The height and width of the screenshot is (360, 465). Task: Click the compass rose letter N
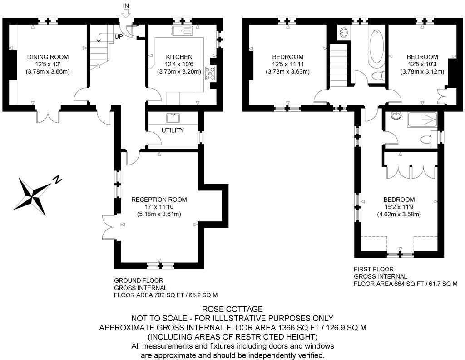57,180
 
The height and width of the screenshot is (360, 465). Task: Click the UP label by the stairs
119,36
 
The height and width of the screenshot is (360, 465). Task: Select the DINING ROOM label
48,57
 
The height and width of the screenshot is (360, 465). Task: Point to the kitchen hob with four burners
211,73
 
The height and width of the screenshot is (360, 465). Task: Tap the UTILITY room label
173,130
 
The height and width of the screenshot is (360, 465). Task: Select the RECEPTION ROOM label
159,200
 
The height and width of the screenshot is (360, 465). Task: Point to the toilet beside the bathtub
376,75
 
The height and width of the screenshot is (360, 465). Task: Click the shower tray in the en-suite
422,120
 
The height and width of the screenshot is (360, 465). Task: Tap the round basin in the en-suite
396,115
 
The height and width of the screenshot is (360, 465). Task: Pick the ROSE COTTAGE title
232,309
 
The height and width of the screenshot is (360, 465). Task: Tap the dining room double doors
48,115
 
